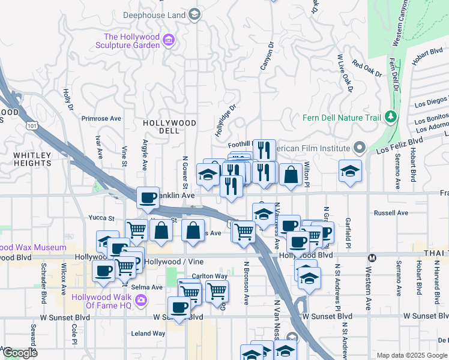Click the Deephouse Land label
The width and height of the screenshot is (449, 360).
[x=154, y=14]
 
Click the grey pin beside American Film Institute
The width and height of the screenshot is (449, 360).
[x=360, y=148]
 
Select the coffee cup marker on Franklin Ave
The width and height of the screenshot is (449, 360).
[x=148, y=197]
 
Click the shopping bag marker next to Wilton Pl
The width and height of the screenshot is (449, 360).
[x=291, y=175]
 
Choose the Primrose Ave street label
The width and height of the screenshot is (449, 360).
[x=101, y=119]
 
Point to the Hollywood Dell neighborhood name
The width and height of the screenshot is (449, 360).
[x=169, y=127]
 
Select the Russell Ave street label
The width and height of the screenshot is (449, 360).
[x=391, y=212]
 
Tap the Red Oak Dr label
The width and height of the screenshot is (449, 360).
[x=367, y=69]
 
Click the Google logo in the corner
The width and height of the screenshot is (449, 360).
[x=20, y=353]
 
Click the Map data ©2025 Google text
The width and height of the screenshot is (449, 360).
[x=412, y=355]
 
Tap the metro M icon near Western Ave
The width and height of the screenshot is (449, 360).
[x=372, y=258]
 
